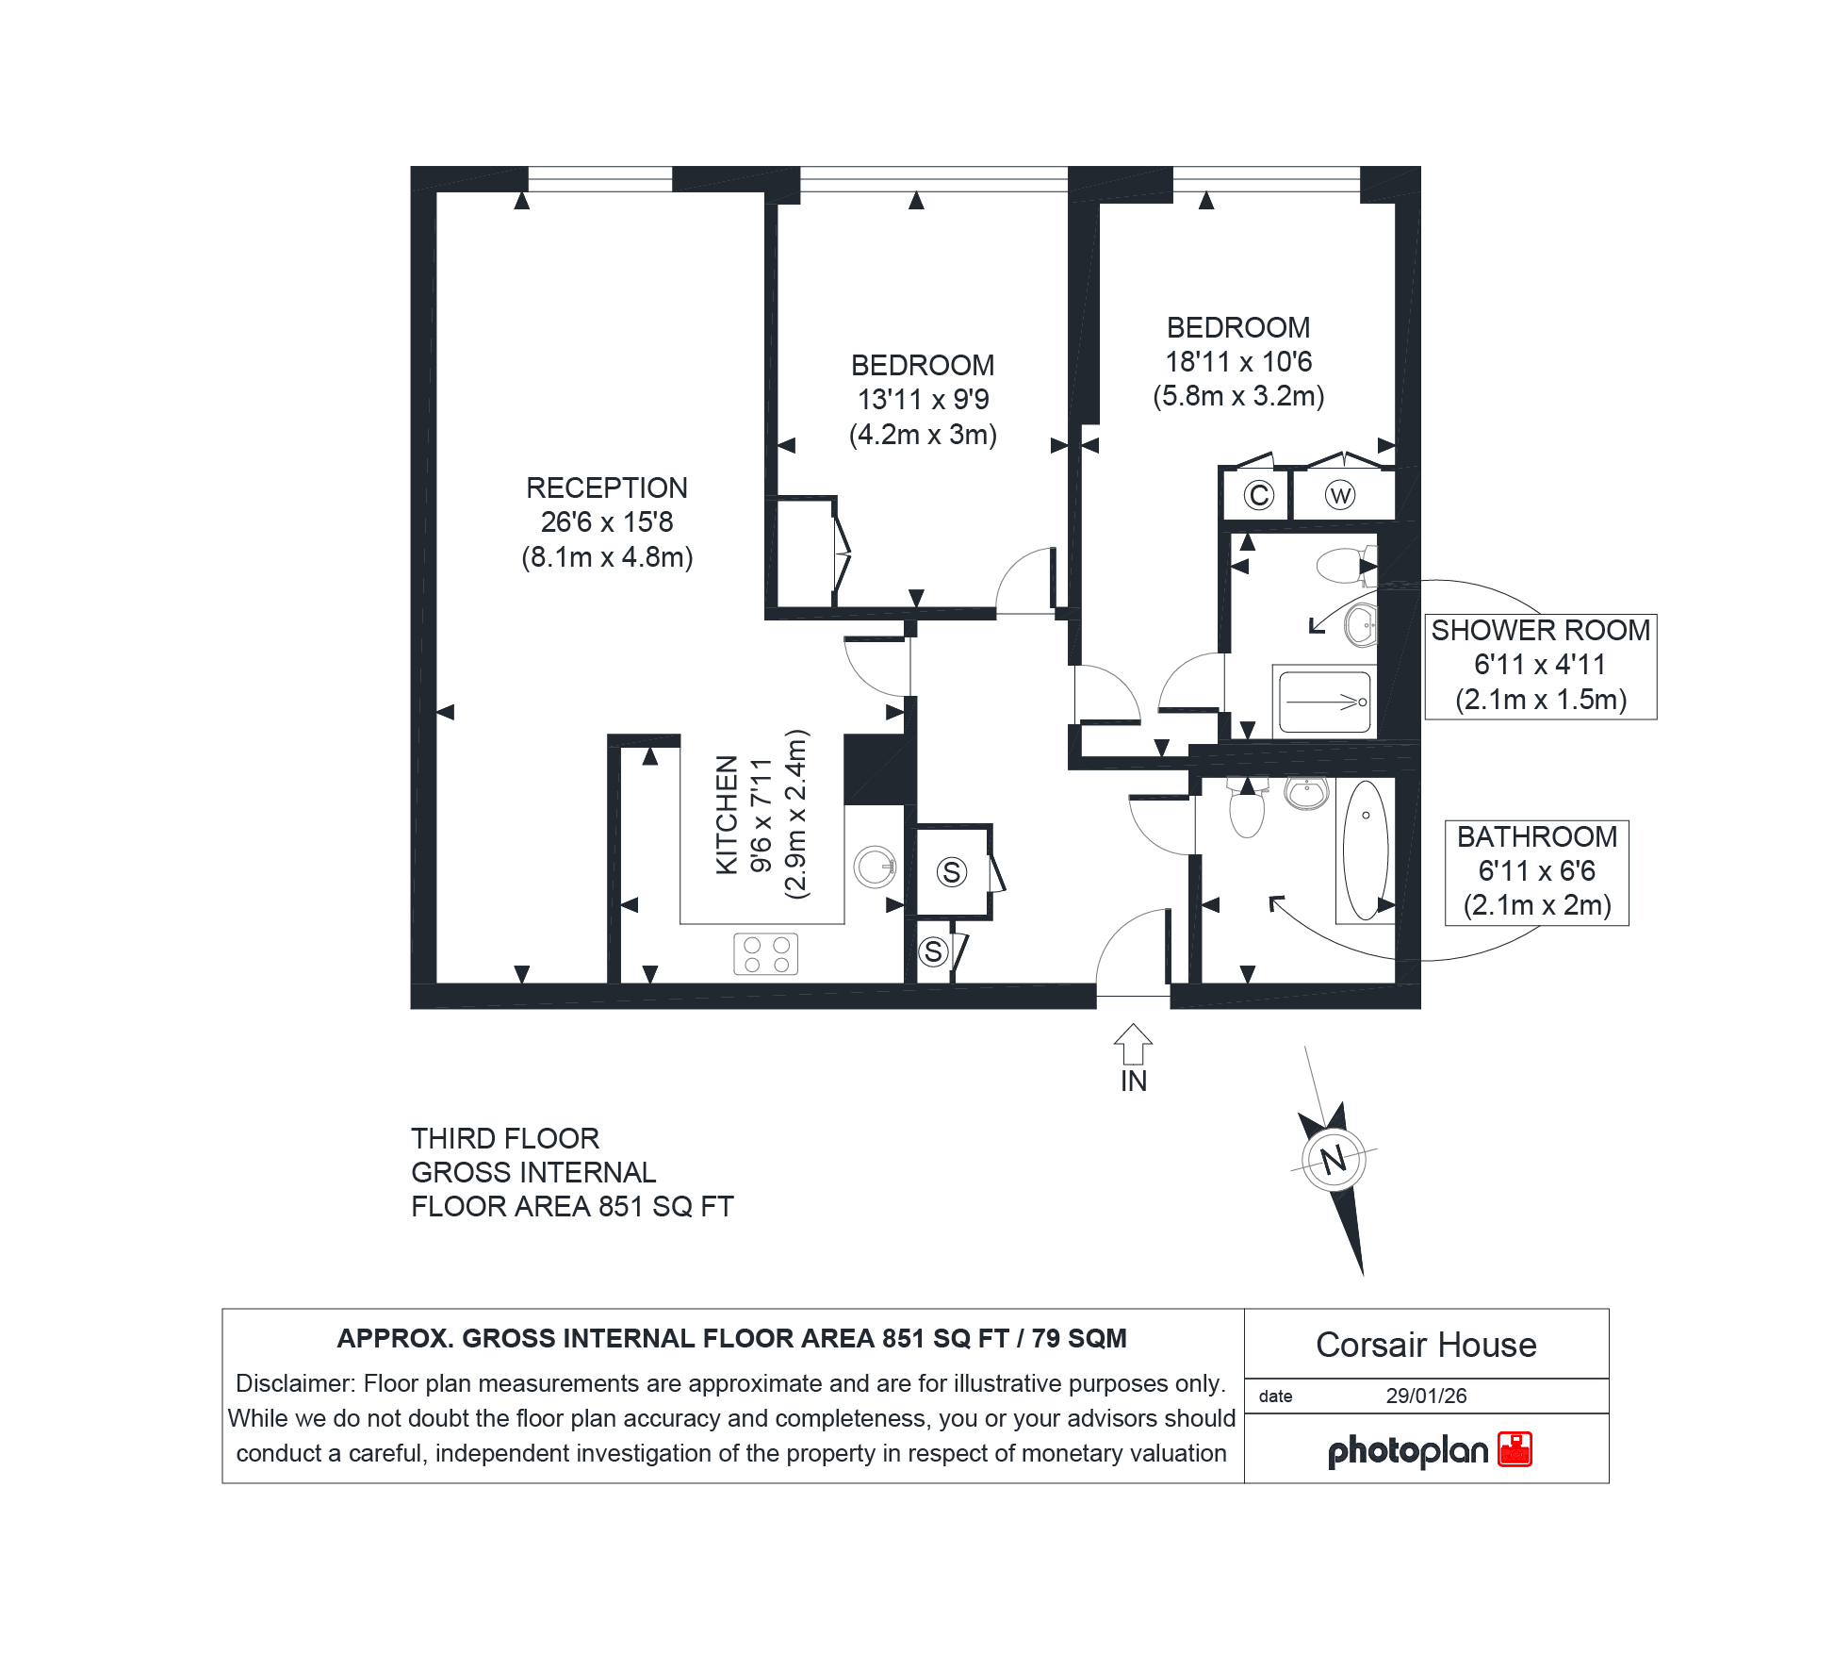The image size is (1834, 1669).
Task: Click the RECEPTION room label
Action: [x=607, y=487]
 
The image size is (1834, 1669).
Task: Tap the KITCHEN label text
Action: [x=727, y=815]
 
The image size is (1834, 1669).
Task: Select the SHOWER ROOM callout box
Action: [x=1540, y=667]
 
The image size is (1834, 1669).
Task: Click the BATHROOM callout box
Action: [x=1536, y=872]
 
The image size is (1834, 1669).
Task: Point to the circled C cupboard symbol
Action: [x=1258, y=495]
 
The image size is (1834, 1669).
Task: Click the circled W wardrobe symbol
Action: [x=1339, y=495]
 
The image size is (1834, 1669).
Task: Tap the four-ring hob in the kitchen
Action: [x=766, y=953]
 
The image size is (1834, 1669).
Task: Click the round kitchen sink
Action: [x=875, y=867]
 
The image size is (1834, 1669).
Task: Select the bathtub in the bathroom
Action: [x=1366, y=850]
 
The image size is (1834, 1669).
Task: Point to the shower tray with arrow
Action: [x=1324, y=702]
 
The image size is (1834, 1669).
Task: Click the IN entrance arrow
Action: [x=1133, y=1045]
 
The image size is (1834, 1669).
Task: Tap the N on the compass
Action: [x=1334, y=1159]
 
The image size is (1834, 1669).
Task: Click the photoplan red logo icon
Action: [x=1515, y=1448]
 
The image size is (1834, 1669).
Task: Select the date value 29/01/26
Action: [x=1426, y=1396]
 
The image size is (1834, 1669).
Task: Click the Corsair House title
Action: [x=1426, y=1345]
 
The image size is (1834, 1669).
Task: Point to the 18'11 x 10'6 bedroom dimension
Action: [x=1238, y=362]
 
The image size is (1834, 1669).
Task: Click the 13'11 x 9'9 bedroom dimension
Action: [x=923, y=400]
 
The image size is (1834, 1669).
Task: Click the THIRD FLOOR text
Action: [x=505, y=1138]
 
